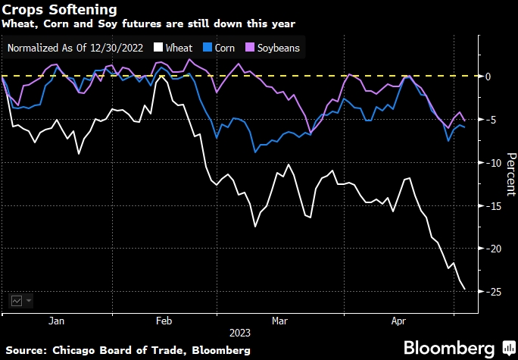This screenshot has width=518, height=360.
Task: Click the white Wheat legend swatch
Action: click(158, 48)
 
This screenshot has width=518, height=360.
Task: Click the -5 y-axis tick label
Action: click(491, 120)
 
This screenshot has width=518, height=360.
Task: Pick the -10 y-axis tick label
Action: click(489, 163)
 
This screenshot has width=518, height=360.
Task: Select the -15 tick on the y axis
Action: click(489, 206)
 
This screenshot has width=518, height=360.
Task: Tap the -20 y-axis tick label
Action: click(489, 249)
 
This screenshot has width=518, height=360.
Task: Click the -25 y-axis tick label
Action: click(489, 292)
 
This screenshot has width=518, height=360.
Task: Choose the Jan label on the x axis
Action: click(56, 321)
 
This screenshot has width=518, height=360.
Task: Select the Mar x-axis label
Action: click(280, 321)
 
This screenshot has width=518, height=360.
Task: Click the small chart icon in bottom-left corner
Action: click(17, 300)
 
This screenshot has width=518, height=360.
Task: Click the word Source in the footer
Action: click(25, 349)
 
